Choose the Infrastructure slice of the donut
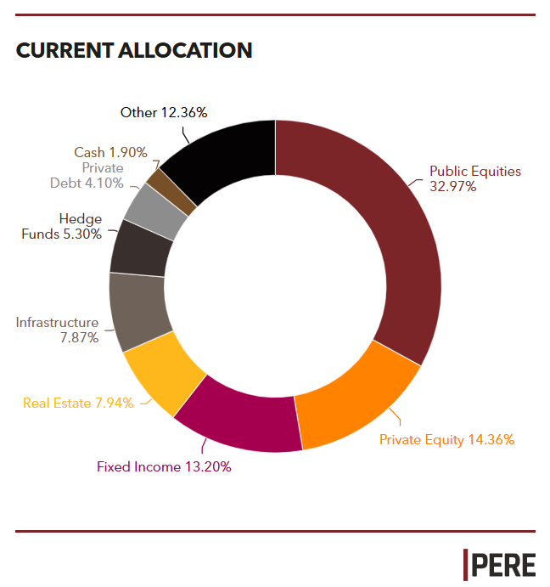(137, 311)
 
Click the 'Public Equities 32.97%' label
(474, 178)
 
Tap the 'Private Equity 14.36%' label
(446, 439)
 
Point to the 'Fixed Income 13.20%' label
(164, 466)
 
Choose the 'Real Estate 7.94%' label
(78, 403)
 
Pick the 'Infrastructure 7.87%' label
(58, 330)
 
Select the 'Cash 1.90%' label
(110, 152)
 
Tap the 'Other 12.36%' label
(164, 112)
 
